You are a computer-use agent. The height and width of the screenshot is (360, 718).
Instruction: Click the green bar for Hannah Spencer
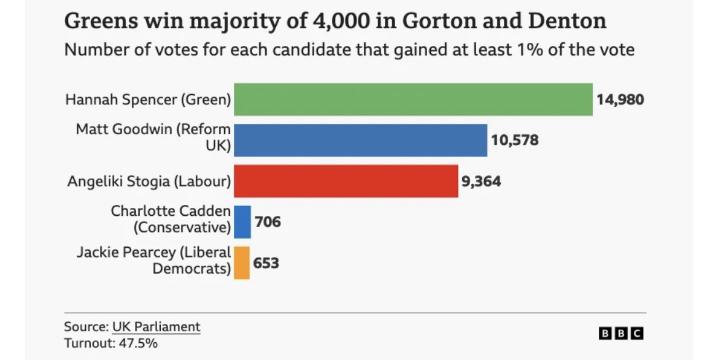click(413, 99)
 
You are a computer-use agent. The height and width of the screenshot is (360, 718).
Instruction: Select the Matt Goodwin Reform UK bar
click(360, 140)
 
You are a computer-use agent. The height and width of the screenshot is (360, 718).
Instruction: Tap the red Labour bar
click(345, 181)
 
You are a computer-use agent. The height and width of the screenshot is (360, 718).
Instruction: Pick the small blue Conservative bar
click(242, 221)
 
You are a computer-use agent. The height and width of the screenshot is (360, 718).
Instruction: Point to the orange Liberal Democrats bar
click(242, 262)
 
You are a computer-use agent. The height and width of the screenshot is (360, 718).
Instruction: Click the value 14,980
click(620, 99)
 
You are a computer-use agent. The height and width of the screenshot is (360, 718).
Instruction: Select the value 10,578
click(514, 140)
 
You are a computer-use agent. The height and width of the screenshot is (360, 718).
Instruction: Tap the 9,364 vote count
click(481, 182)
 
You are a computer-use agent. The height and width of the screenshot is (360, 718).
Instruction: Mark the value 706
click(268, 222)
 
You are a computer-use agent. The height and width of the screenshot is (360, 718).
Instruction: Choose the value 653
click(266, 263)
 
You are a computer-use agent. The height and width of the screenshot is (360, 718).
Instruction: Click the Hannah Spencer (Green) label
click(148, 99)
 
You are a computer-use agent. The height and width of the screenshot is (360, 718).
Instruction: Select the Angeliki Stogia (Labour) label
click(149, 182)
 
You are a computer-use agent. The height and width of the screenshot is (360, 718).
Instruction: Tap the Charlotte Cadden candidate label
click(171, 219)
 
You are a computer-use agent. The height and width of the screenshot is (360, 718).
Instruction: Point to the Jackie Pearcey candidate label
click(154, 260)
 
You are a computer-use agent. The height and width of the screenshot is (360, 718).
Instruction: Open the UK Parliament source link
click(156, 326)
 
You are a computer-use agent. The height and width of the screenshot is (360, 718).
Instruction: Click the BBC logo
click(621, 334)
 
